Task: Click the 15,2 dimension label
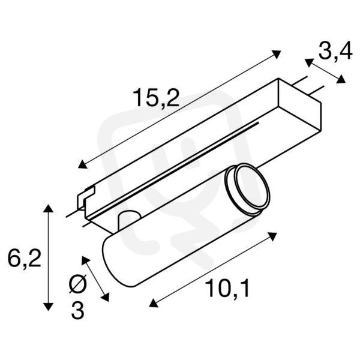pyautogui.click(x=156, y=98)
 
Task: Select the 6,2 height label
pyautogui.click(x=25, y=258)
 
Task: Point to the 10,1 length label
pyautogui.click(x=227, y=288)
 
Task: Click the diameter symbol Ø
pyautogui.click(x=78, y=284)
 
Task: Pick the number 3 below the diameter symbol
pyautogui.click(x=78, y=310)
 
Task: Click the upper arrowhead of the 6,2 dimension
pyautogui.click(x=48, y=208)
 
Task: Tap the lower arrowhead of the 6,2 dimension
pyautogui.click(x=48, y=306)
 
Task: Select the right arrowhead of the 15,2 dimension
pyautogui.click(x=276, y=54)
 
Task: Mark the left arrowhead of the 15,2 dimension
pyautogui.click(x=82, y=164)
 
